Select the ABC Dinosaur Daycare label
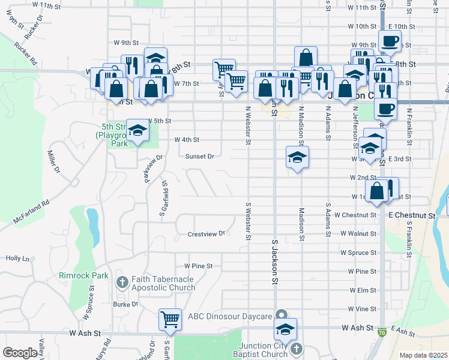230,316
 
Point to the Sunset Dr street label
199,156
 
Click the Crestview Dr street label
206,233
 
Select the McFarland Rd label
29,212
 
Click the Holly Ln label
17,258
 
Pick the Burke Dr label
125,304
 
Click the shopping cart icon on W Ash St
170,319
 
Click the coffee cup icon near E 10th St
390,41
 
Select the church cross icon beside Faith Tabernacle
122,282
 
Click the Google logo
20,353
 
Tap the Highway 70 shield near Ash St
383,331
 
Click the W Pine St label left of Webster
199,265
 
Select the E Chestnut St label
411,215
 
